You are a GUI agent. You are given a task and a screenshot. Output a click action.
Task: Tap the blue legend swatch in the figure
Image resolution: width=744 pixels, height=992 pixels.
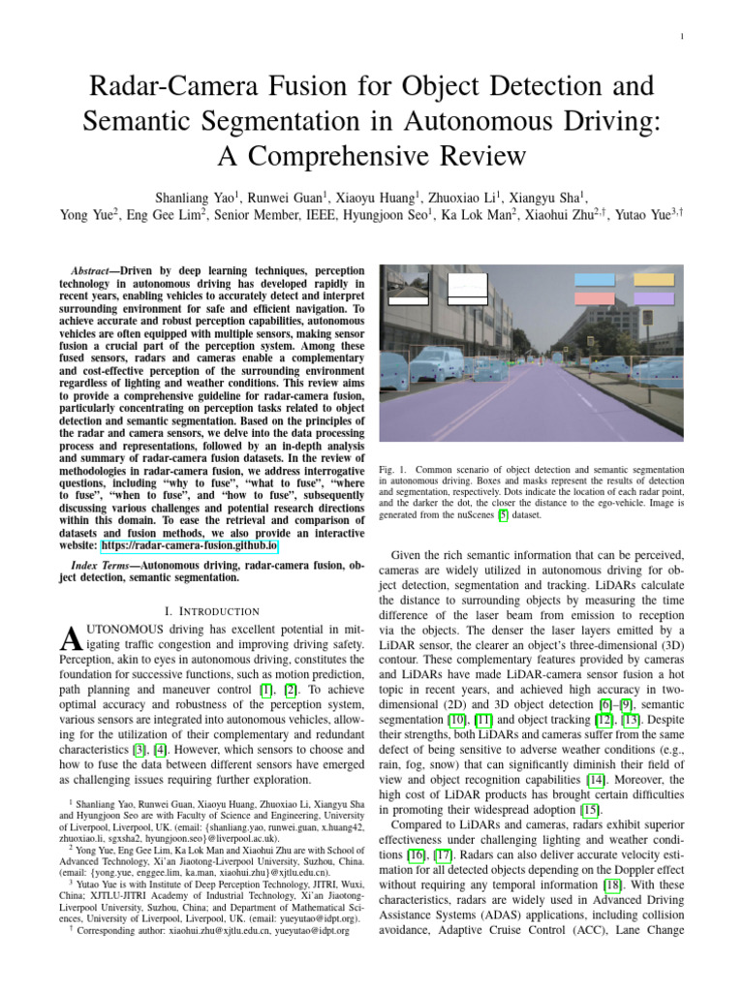[x=594, y=279]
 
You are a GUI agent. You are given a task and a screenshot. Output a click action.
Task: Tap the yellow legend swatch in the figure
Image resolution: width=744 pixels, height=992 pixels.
[x=653, y=279]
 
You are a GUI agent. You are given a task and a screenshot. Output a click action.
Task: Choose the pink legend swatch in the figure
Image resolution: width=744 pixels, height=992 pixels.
[x=594, y=298]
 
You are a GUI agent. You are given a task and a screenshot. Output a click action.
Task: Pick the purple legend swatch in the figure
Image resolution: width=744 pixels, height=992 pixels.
[x=653, y=298]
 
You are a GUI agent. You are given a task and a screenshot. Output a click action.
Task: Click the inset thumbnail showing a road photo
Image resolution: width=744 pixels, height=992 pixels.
[x=406, y=288]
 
